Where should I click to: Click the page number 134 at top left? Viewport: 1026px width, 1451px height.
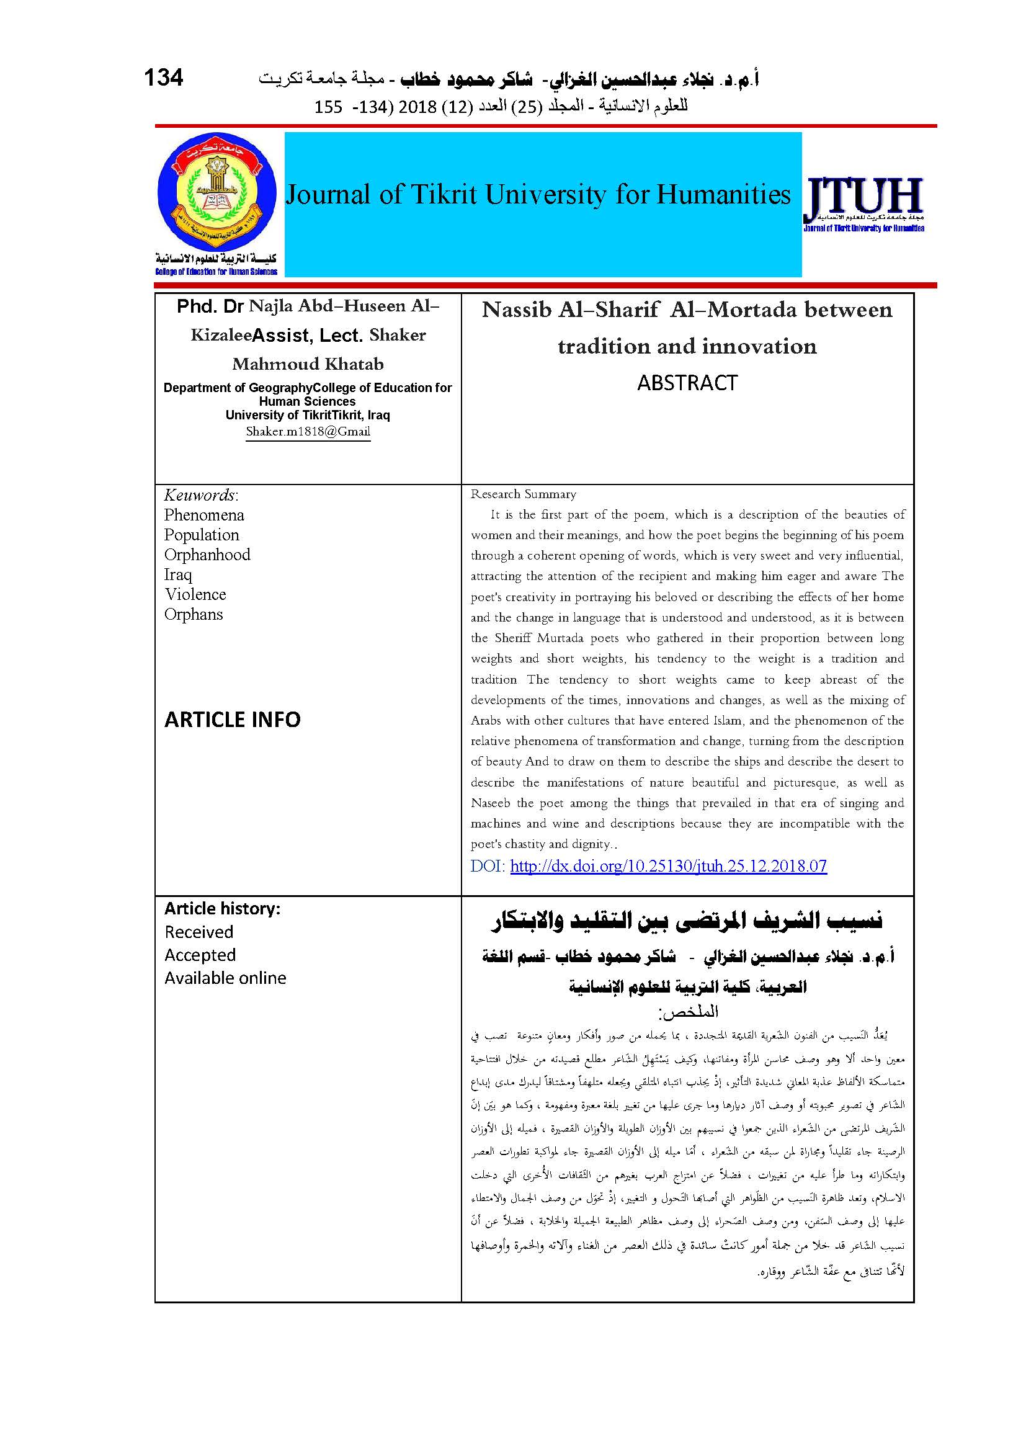tap(164, 77)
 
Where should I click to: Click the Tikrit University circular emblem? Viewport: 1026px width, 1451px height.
tap(216, 194)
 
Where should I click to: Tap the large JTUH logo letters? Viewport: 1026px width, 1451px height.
tap(863, 197)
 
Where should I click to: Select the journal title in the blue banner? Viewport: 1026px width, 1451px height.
tap(538, 195)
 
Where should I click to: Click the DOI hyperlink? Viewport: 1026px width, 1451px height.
tap(669, 866)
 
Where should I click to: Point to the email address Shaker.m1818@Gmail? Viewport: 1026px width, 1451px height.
tap(308, 432)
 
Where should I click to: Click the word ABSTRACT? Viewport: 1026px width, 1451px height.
tap(687, 383)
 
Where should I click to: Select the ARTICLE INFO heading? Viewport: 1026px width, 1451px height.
tap(233, 720)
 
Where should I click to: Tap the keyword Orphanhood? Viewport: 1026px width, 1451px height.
tap(207, 555)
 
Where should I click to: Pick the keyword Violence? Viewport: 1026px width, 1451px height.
tap(195, 595)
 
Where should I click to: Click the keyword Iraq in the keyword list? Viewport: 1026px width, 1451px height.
tap(178, 574)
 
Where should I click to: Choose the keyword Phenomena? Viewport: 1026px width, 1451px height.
tap(204, 515)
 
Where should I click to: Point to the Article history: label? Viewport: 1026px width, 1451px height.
tap(223, 909)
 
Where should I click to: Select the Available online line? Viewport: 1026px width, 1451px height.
tap(226, 978)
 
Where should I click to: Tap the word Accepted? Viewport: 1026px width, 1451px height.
tap(200, 955)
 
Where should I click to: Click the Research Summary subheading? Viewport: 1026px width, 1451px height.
tap(523, 494)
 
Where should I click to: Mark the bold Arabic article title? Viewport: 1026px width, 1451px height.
tap(687, 921)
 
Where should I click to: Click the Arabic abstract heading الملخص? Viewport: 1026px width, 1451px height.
tap(689, 1012)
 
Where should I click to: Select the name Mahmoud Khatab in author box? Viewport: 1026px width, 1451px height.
tap(308, 364)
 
